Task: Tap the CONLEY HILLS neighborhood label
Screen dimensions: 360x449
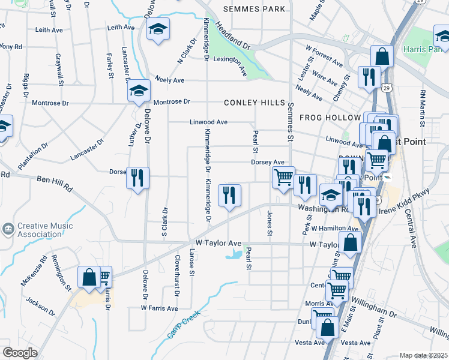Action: coord(255,103)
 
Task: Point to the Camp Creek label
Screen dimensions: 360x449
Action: coord(183,324)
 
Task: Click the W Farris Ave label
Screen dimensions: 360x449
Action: coord(160,308)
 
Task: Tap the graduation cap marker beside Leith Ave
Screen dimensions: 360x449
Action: coord(158,30)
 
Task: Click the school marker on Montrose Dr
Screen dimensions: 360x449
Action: coord(139,92)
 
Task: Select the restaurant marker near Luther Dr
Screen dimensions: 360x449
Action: coord(138,178)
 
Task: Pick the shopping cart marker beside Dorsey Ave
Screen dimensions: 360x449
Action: coord(283,178)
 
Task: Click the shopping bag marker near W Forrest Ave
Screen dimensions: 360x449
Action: coord(382,58)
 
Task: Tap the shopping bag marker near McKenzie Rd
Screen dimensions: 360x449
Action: coord(89,278)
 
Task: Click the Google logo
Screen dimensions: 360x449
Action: coord(20,353)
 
